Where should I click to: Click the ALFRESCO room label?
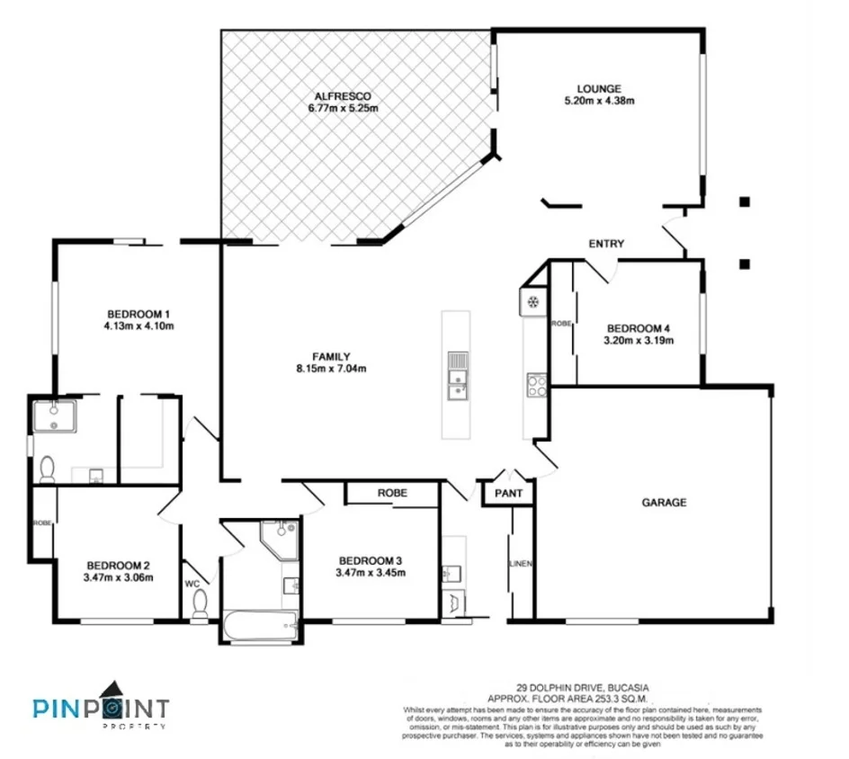[343, 96]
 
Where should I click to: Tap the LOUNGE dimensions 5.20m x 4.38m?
[599, 101]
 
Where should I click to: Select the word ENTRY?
[606, 244]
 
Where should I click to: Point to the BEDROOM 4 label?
[639, 328]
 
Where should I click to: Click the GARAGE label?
[665, 503]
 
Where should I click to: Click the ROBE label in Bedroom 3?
[392, 493]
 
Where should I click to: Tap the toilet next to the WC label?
[199, 606]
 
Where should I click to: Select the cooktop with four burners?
[535, 385]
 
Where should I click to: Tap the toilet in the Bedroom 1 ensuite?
[48, 469]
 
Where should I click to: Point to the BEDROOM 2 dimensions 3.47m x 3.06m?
[118, 577]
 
